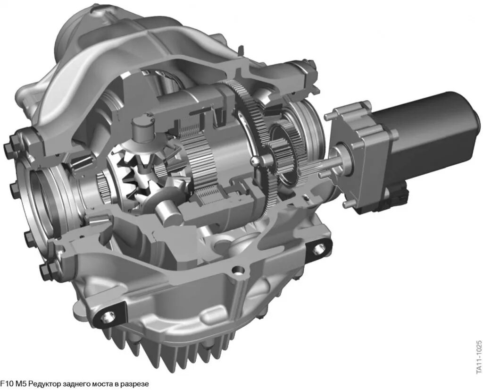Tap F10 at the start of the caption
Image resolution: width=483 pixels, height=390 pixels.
click(x=7, y=384)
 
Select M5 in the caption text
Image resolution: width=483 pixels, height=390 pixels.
click(x=21, y=384)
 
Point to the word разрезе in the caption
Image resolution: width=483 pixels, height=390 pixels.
click(x=137, y=384)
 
